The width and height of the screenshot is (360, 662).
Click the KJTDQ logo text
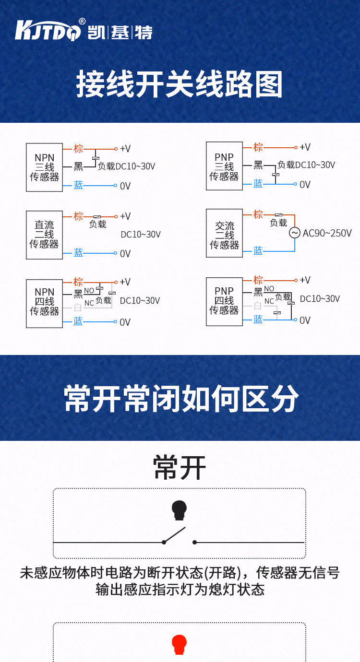point(48,30)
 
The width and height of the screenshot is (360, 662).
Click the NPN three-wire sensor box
point(44,167)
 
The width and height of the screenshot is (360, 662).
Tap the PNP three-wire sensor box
point(224,166)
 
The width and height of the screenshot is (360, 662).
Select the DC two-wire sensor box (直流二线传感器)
point(44,235)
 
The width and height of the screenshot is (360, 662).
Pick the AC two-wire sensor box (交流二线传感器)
point(224,233)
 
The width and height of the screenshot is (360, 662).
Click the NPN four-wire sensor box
point(44,304)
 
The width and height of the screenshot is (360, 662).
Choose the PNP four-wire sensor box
point(224,302)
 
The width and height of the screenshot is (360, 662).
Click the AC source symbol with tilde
point(295,233)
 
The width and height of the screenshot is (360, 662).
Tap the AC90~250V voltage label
point(327,233)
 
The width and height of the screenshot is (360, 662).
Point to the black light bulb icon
point(179,510)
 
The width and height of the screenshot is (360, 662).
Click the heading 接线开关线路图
point(179,84)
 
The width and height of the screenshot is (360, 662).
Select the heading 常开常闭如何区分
point(181,398)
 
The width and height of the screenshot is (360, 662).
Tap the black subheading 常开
point(180,468)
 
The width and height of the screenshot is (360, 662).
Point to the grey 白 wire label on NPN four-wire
point(77,307)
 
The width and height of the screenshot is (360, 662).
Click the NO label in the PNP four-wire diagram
point(269,288)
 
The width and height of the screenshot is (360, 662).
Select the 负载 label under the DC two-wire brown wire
point(97,225)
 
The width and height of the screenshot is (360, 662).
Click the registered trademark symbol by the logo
point(82,21)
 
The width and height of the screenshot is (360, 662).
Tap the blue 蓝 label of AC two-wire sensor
point(258,251)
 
